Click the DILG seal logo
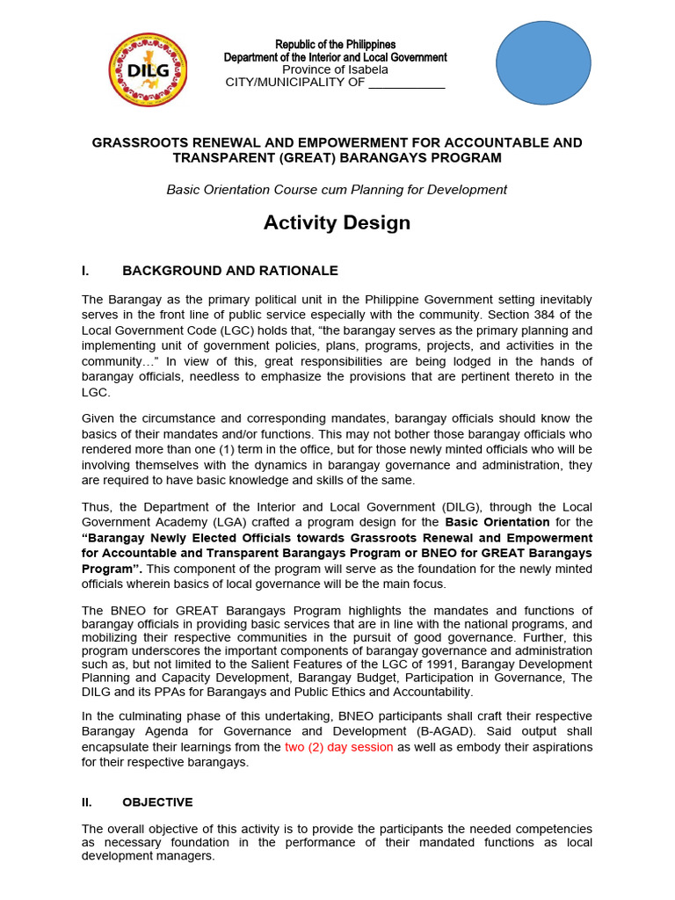[148, 69]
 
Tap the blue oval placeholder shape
[543, 62]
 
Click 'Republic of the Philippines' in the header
[335, 44]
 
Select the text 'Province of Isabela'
[335, 69]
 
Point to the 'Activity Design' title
[337, 222]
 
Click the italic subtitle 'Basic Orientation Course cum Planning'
[337, 189]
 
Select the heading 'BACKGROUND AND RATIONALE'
[229, 271]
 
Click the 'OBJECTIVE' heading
[157, 802]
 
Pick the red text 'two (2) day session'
[338, 747]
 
